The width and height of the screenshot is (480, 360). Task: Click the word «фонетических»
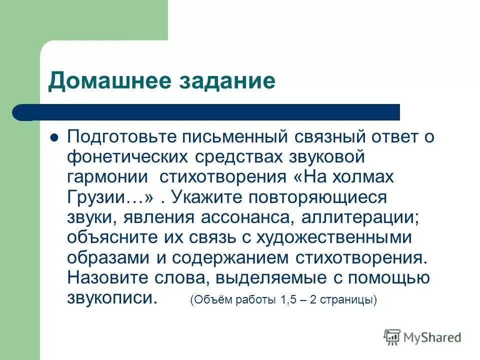tap(125, 157)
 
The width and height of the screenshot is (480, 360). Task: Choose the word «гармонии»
tap(107, 177)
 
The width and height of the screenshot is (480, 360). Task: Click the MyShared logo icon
tap(392, 337)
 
